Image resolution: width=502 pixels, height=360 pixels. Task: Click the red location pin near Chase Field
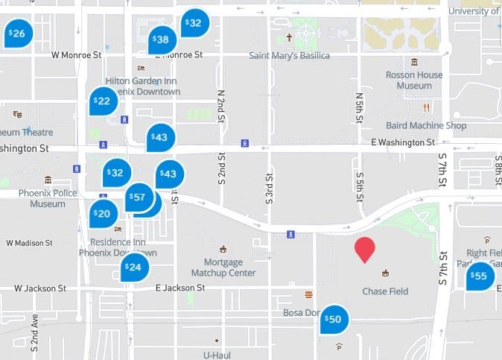tap(364, 249)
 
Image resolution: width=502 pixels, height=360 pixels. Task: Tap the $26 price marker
tap(18, 34)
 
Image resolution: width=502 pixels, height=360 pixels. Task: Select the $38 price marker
tap(161, 40)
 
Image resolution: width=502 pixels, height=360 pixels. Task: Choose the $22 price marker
tap(103, 101)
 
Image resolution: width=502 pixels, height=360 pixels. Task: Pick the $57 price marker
tap(138, 198)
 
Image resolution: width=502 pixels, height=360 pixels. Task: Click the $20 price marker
tap(103, 214)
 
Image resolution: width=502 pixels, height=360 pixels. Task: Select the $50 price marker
tap(334, 319)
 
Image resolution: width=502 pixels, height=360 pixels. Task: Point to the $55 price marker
tap(479, 277)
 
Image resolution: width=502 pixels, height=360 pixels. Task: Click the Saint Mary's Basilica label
tap(288, 55)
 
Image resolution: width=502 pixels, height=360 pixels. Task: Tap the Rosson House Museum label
tap(414, 80)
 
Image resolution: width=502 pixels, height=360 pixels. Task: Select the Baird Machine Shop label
tap(426, 126)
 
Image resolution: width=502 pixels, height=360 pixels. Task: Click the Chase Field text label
tap(385, 291)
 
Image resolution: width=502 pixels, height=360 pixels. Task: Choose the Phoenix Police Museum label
tap(48, 198)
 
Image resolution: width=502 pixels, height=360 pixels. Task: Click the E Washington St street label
tap(402, 142)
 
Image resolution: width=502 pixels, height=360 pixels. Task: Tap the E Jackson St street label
tap(179, 288)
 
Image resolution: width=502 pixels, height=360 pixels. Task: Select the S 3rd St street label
tap(270, 189)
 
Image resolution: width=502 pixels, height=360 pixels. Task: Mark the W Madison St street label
tap(29, 243)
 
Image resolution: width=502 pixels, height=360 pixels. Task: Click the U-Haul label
tap(217, 355)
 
